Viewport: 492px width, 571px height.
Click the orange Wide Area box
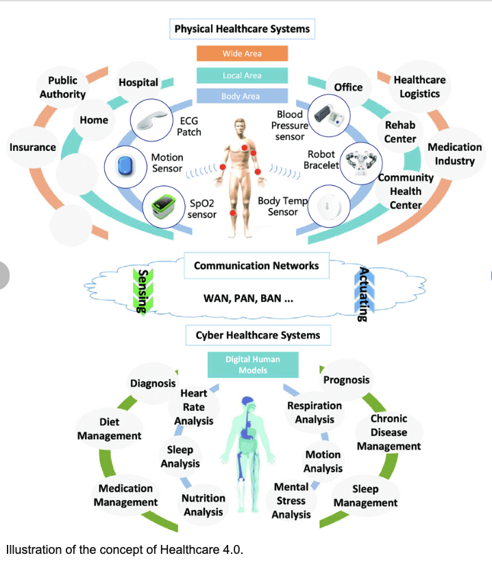(242, 54)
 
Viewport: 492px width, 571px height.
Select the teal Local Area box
(242, 75)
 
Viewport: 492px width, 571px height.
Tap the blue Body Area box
(242, 97)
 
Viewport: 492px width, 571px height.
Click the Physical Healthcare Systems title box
(242, 29)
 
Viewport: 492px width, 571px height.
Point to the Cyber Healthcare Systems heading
(258, 336)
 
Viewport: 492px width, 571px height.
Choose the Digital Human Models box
(252, 364)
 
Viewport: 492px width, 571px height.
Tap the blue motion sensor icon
(125, 165)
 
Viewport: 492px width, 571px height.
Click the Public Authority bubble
(62, 87)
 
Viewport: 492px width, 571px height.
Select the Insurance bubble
(33, 147)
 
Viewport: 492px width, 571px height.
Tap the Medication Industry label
(454, 154)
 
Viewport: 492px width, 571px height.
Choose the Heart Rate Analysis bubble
(194, 407)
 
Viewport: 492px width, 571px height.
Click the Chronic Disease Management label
(389, 432)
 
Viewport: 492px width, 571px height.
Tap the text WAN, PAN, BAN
(248, 299)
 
